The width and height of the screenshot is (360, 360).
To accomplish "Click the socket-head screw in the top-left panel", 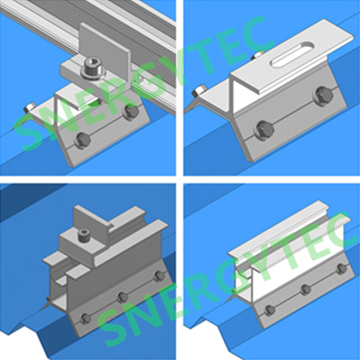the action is pos(93,69).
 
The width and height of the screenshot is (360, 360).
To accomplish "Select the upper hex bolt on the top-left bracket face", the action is pos(131,112).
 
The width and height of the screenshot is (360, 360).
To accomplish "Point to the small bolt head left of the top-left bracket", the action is pos(29,107).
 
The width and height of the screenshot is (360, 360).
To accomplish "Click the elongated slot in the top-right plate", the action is pos(292,54).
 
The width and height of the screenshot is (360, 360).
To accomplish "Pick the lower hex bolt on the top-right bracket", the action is pos(265,129).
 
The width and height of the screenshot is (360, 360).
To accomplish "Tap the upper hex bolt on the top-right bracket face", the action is pos(323,94).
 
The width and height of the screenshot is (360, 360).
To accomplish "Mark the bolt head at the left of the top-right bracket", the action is pos(200,90).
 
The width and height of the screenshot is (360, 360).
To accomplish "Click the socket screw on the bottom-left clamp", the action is pos(83,234).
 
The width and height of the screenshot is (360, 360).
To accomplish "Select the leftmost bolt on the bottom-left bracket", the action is pos(85,319).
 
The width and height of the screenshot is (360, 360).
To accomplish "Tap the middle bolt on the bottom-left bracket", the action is pos(122,297).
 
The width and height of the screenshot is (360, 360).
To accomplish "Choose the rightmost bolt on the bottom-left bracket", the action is pos(158,276).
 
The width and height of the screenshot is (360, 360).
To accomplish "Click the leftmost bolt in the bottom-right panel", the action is pos(270,310).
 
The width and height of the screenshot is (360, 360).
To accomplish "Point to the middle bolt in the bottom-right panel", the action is pos(306,289).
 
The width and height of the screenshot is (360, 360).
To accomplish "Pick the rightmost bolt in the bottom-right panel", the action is pos(341,269).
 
